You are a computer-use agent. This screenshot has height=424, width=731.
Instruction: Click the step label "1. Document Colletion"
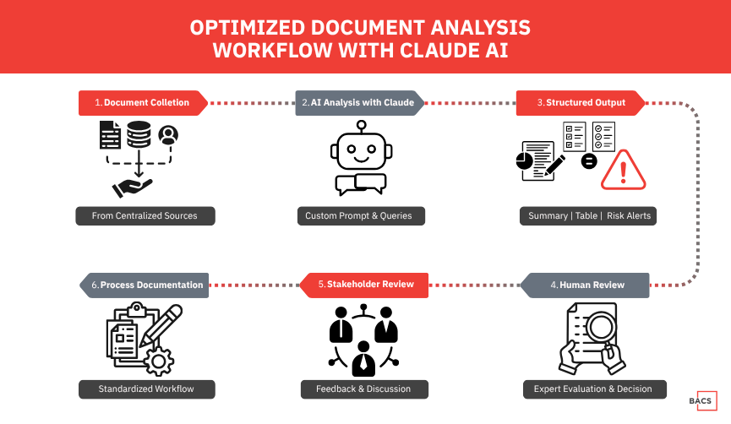pyautogui.click(x=143, y=102)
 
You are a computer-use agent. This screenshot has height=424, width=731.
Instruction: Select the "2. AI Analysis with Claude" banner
pyautogui.click(x=360, y=102)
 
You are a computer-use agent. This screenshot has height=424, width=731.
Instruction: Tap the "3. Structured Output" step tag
pyautogui.click(x=581, y=102)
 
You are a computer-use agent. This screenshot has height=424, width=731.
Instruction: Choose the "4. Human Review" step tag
pyautogui.click(x=585, y=285)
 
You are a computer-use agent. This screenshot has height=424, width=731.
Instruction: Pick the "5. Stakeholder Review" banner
pyautogui.click(x=363, y=285)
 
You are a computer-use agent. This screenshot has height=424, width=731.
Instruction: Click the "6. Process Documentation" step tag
pyautogui.click(x=144, y=285)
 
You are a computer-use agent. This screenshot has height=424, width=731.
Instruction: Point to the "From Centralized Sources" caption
pyautogui.click(x=145, y=216)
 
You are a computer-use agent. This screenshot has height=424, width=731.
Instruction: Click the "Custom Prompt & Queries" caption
pyautogui.click(x=362, y=216)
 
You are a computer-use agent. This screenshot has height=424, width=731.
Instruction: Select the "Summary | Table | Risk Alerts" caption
pyautogui.click(x=588, y=216)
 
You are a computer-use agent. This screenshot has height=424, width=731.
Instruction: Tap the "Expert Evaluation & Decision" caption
pyautogui.click(x=595, y=389)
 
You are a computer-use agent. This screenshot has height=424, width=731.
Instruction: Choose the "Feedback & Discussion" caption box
pyautogui.click(x=364, y=389)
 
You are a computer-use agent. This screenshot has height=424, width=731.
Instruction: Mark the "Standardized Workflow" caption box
pyautogui.click(x=147, y=389)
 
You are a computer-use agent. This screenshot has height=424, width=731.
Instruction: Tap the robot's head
pyautogui.click(x=362, y=150)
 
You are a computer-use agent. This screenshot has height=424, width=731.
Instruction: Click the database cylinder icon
pyautogui.click(x=139, y=134)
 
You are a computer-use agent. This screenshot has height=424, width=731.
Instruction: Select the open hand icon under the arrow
pyautogui.click(x=132, y=188)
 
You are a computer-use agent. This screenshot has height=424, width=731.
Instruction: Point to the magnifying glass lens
pyautogui.click(x=601, y=327)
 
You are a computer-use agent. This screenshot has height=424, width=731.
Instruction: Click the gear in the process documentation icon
pyautogui.click(x=159, y=361)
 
